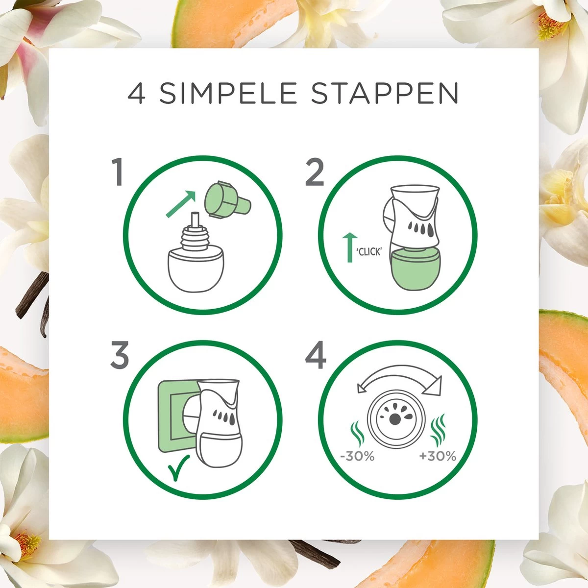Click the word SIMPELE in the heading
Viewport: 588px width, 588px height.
coord(228,93)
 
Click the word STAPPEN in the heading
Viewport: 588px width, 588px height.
coord(385,93)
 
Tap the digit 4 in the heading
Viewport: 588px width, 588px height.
coord(136,93)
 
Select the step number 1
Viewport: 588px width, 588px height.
coord(118,172)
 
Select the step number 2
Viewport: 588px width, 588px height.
coord(315,172)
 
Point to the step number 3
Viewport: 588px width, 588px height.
coord(119,355)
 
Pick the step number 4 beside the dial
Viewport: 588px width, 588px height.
coord(316,355)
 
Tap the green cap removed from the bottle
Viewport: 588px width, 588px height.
coord(227,199)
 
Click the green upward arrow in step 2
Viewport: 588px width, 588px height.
coord(350,247)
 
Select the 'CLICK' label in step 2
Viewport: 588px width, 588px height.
coord(369,252)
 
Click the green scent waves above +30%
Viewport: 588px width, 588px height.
coord(438,429)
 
